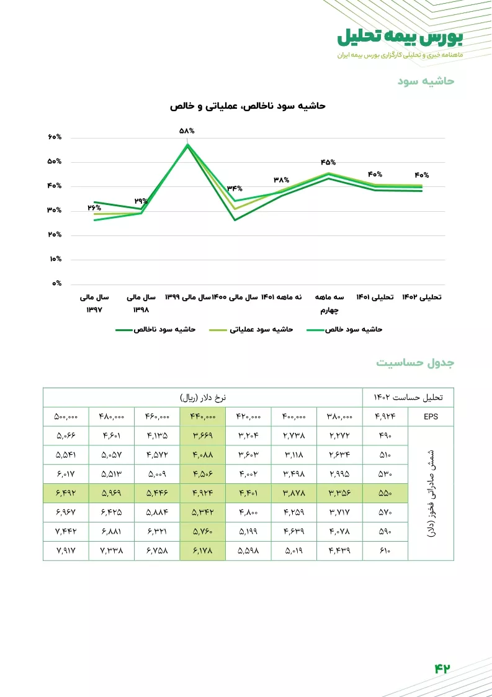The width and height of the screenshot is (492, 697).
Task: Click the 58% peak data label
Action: (x=187, y=131)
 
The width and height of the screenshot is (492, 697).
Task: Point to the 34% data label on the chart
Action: (x=235, y=189)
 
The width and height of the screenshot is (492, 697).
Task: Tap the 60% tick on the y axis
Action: (x=54, y=137)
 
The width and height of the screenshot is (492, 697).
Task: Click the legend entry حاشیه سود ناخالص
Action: (x=155, y=329)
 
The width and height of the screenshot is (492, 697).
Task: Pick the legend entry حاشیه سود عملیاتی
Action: (x=251, y=329)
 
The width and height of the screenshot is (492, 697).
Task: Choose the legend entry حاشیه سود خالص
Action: (x=345, y=329)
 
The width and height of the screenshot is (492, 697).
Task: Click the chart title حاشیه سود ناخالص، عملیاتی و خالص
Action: (x=248, y=106)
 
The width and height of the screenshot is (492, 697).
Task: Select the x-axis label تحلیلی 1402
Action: (x=422, y=298)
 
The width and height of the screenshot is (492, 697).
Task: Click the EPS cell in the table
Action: (x=431, y=417)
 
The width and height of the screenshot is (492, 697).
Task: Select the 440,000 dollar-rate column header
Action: (x=203, y=417)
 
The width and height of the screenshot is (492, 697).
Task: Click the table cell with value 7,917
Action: (x=66, y=550)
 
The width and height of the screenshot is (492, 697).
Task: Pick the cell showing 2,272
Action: (x=339, y=436)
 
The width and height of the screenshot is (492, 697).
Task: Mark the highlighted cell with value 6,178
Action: (x=203, y=550)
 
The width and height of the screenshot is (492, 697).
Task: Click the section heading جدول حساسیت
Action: (x=416, y=363)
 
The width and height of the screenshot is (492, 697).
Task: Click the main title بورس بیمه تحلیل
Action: (x=400, y=37)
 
